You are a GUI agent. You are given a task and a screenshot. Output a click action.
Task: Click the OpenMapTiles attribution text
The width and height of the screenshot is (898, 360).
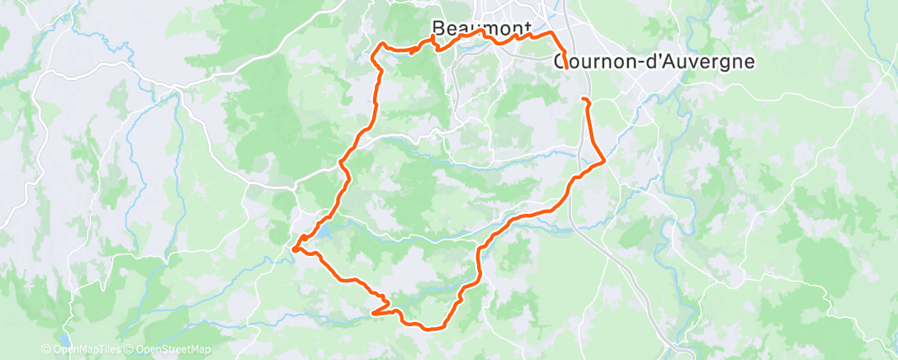click(x=91, y=349)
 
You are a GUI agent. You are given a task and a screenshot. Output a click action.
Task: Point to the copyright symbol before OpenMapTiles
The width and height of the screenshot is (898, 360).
click(x=49, y=349)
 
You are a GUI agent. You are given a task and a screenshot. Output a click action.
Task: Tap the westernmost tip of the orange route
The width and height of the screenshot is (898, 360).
click(x=293, y=245)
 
